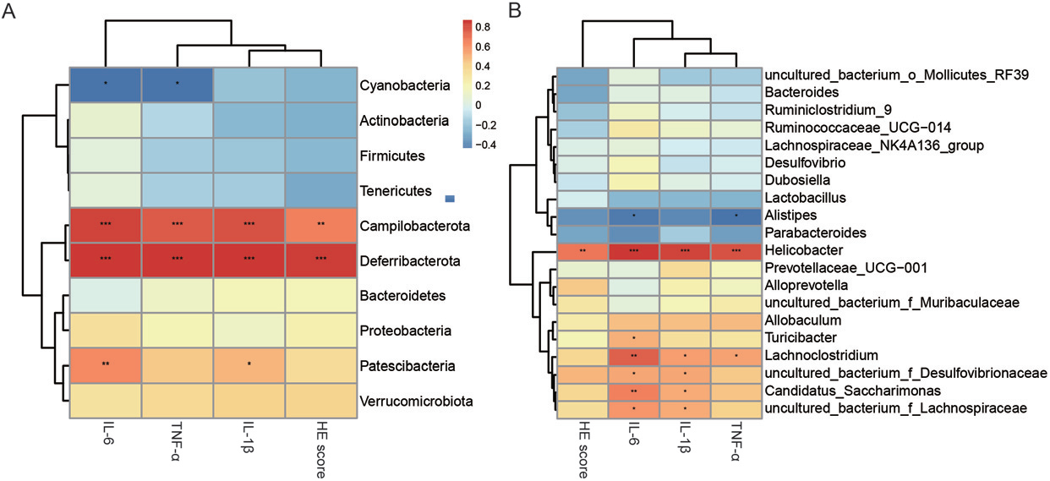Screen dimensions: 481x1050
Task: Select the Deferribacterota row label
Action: click(409, 261)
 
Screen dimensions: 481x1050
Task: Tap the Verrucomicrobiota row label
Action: click(414, 402)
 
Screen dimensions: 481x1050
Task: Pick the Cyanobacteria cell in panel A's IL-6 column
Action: click(105, 85)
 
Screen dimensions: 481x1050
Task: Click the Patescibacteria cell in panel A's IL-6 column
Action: click(105, 366)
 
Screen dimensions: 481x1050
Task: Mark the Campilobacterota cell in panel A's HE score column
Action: click(319, 226)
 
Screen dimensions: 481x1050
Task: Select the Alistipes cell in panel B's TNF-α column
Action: click(736, 215)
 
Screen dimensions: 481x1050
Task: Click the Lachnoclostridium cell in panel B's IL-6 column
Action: click(635, 356)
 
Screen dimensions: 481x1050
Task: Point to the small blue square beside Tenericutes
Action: click(451, 198)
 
